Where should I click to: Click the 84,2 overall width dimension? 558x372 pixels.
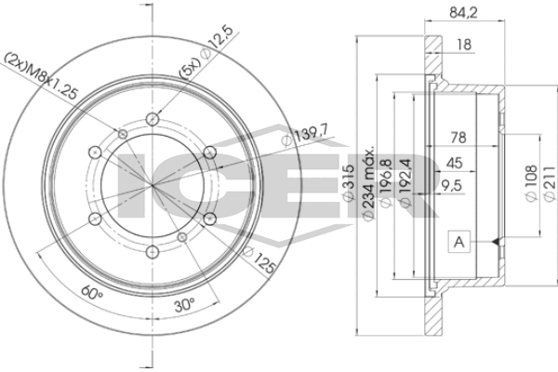click(x=463, y=13)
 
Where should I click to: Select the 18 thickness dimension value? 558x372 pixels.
click(x=464, y=45)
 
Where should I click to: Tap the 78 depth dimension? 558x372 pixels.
click(x=458, y=138)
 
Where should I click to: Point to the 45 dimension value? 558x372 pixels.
click(x=454, y=163)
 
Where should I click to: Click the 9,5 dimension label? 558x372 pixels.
click(x=451, y=185)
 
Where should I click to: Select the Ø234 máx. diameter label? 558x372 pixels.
click(x=368, y=182)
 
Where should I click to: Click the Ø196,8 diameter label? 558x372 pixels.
click(x=386, y=182)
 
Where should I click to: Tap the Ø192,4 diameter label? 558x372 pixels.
click(x=405, y=182)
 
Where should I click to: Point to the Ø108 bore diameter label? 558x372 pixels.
click(x=531, y=183)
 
